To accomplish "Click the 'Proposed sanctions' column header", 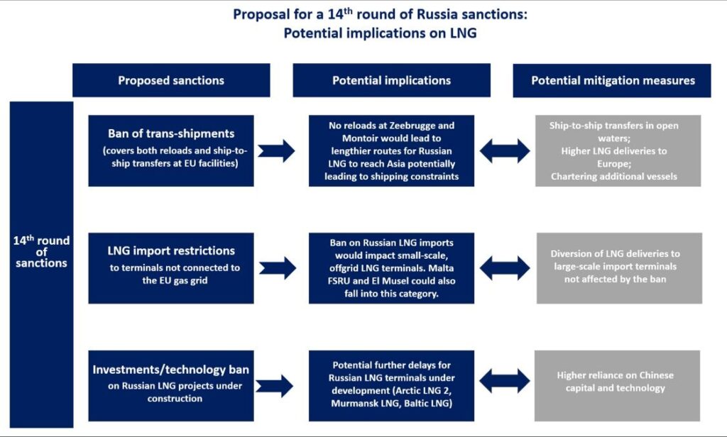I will tap(171, 80).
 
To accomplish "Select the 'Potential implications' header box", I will tap(391, 80).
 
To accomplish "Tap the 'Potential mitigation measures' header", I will tap(613, 80).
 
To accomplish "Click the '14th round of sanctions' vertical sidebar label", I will tap(41, 252).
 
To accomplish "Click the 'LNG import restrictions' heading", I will tap(171, 250).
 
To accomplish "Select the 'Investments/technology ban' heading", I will tap(171, 370).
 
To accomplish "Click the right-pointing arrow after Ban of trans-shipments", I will tap(276, 150).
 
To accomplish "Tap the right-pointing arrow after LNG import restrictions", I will tap(276, 267).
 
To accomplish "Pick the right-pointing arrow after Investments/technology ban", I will tap(276, 385).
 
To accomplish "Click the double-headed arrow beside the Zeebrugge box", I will tap(504, 150).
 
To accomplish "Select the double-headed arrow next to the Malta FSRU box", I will tap(504, 267).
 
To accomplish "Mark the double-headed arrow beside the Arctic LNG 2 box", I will tap(504, 381).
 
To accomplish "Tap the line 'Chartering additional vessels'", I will tap(613, 176).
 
